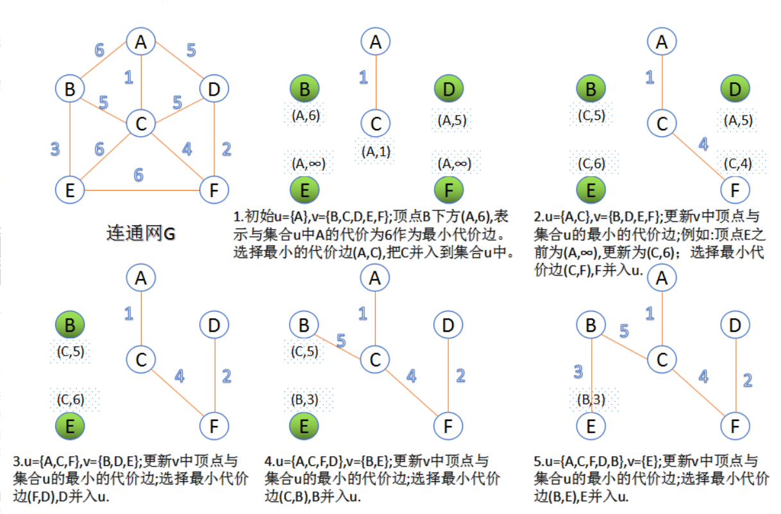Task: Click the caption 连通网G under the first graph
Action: point(140,233)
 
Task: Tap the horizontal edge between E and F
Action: point(142,190)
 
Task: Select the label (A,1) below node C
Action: point(376,151)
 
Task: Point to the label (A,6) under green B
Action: point(305,115)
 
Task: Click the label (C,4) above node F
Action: point(738,163)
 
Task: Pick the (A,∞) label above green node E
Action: point(308,163)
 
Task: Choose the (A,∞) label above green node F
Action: point(455,163)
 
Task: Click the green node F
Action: point(449,190)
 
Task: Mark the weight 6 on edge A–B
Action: point(99,50)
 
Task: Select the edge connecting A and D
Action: point(180,60)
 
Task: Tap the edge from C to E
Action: point(106,157)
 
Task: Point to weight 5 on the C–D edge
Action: point(178,103)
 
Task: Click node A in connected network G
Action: point(141,42)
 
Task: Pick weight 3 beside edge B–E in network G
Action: point(55,149)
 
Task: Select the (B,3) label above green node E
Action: point(305,400)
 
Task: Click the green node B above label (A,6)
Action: point(305,89)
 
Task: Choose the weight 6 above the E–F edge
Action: point(139,175)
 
